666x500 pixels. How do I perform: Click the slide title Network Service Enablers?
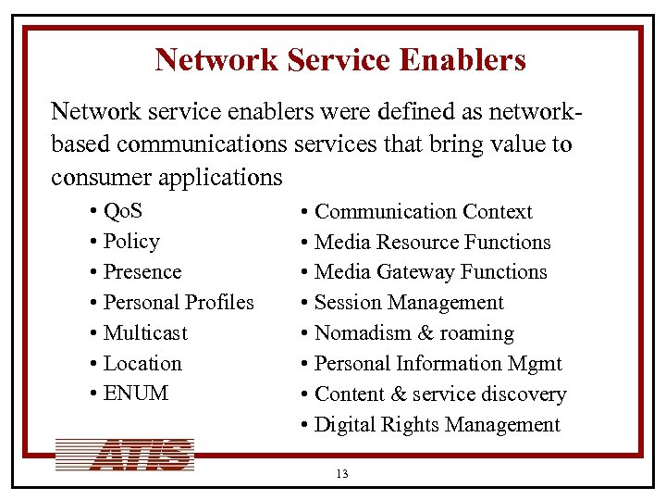tap(340, 60)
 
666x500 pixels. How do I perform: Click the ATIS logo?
tap(126, 455)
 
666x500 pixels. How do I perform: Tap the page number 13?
tap(342, 474)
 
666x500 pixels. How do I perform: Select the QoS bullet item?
tap(123, 211)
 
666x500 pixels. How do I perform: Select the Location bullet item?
tap(142, 364)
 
